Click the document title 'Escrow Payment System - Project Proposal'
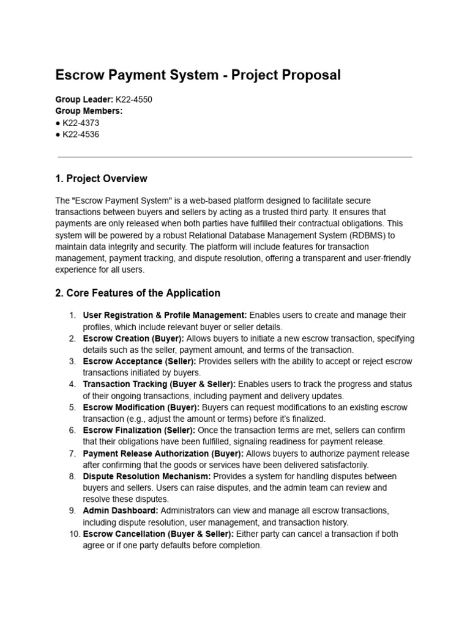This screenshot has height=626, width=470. click(198, 75)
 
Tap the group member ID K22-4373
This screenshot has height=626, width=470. click(81, 123)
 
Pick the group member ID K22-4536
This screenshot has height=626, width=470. click(81, 134)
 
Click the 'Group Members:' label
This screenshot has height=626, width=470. click(89, 111)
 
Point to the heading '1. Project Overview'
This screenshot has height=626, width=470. click(101, 179)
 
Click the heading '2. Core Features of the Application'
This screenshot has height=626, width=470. click(138, 293)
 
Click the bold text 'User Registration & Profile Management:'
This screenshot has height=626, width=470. click(165, 315)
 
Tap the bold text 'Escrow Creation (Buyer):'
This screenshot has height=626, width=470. click(133, 338)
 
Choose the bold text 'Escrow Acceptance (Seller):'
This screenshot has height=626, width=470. click(140, 361)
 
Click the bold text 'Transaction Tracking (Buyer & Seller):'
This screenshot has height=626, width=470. click(159, 385)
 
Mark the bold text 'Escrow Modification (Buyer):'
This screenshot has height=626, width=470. click(141, 407)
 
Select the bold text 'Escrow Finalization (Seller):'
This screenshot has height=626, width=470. click(139, 430)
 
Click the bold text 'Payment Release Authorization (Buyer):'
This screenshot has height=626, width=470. click(163, 454)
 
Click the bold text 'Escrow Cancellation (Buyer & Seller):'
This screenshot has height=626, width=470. click(158, 534)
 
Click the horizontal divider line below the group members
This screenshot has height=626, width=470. click(234, 157)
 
